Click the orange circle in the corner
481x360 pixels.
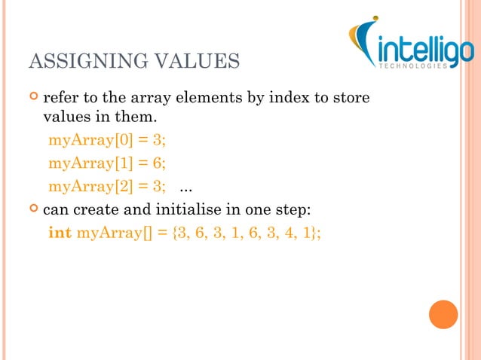coord(443,315)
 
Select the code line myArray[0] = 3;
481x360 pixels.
coord(107,140)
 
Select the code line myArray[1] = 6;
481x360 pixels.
coord(107,163)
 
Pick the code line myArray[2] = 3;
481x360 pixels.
coord(107,185)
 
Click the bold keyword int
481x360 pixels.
coord(60,231)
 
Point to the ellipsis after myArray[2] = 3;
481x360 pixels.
coord(184,187)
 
